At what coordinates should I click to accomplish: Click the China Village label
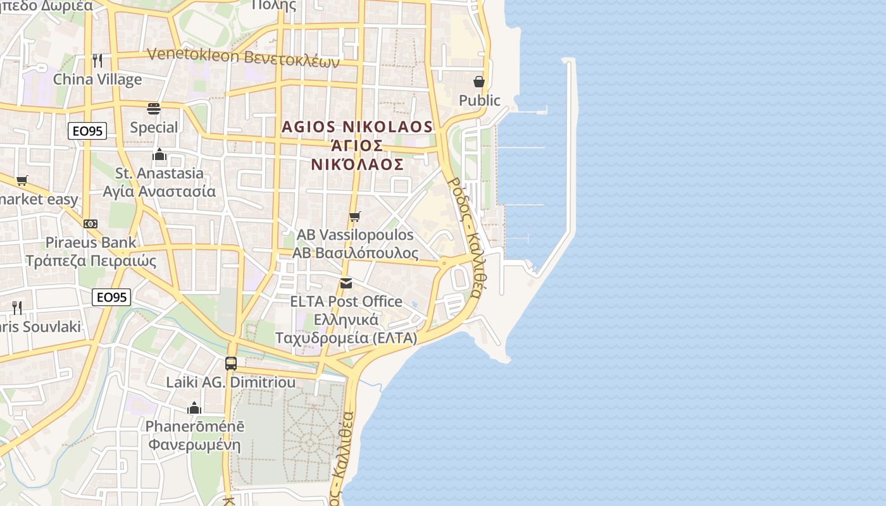pos(97,79)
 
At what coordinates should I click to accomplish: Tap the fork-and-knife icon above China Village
pos(97,60)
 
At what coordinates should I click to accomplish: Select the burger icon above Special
pos(154,109)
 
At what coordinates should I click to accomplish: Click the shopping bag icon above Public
pos(479,82)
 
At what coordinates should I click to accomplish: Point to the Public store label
pos(479,100)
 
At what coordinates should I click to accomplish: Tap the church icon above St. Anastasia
pos(159,154)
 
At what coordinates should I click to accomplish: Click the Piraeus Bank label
pos(90,242)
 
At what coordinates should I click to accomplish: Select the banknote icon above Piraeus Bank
pos(90,224)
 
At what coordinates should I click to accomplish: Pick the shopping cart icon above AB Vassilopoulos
pos(355,216)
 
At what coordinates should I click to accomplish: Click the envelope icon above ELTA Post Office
pos(346,283)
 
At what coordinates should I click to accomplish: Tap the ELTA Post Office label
pos(346,301)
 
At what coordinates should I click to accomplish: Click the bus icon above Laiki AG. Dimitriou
pos(231,364)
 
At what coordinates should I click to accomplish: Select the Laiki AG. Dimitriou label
pos(231,382)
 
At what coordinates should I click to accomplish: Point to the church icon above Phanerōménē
pos(194,408)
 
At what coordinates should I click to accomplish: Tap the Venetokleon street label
pos(243,58)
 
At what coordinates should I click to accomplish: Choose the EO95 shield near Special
pos(87,131)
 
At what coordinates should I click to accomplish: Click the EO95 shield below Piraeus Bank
pos(111,297)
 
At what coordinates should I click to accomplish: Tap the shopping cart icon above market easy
pos(22,181)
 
